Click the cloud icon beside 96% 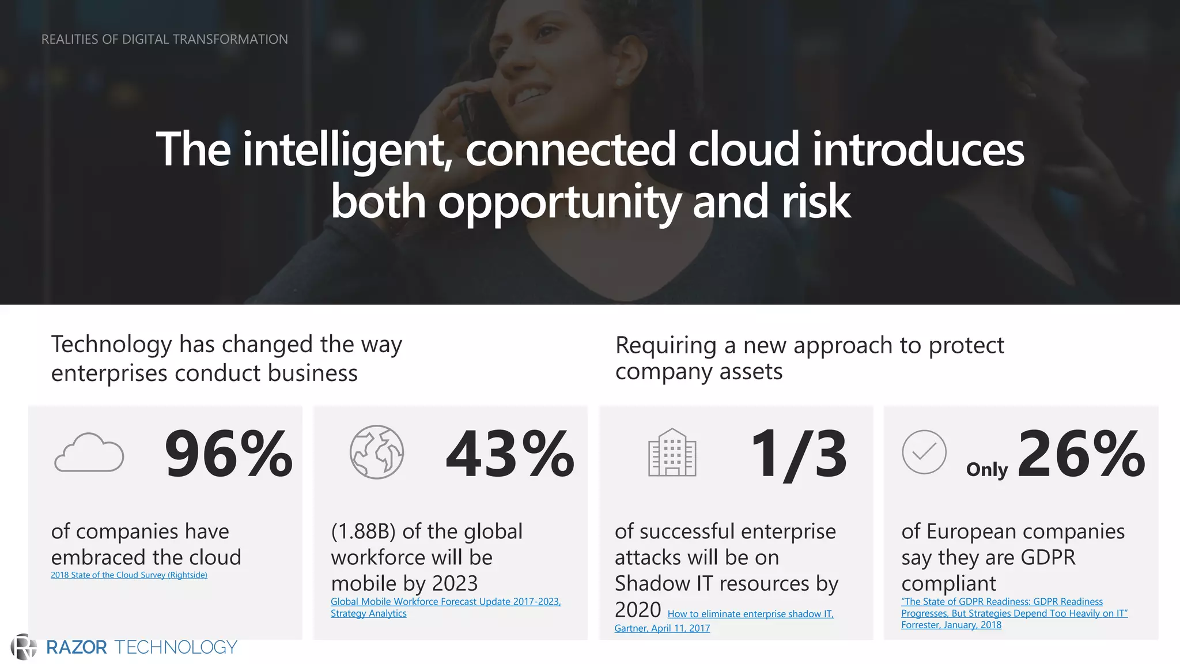89,452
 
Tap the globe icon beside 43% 377,452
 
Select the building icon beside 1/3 672,452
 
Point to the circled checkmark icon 924,452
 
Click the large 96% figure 229,454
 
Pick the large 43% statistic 510,454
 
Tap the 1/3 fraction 799,454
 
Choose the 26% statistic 1081,454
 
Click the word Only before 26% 986,470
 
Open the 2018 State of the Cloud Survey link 129,575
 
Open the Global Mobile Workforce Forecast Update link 445,602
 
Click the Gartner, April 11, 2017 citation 662,628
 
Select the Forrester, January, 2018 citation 951,625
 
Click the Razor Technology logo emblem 23,647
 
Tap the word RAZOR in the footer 77,647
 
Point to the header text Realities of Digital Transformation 165,39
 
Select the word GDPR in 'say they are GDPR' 1047,557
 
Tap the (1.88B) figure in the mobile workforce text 364,531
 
